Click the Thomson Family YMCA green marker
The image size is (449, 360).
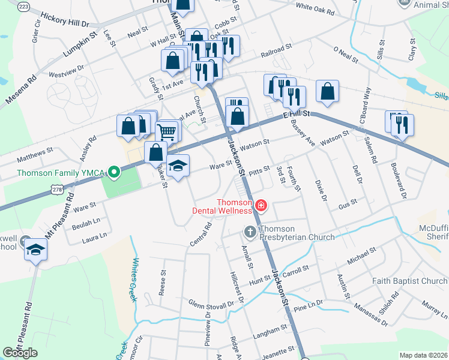tap(112, 173)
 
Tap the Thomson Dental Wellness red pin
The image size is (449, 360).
tap(261, 206)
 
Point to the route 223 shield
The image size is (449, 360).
tap(23, 5)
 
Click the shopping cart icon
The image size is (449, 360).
tap(167, 131)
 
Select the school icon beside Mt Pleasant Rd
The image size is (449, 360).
tap(35, 248)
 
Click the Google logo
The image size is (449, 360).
tap(20, 353)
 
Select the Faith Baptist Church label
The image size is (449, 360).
tap(409, 281)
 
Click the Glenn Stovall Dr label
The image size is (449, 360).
tap(211, 304)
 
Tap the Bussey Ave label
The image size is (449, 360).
tap(302, 133)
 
